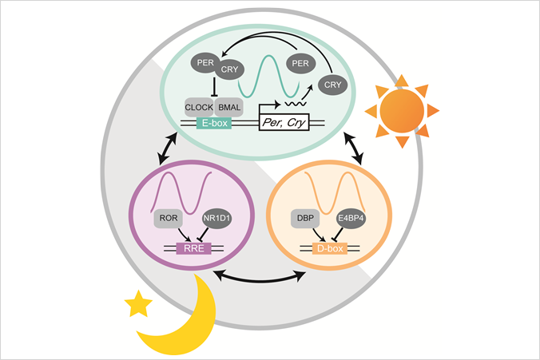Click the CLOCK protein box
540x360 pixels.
199,107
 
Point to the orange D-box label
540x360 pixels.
328,248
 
